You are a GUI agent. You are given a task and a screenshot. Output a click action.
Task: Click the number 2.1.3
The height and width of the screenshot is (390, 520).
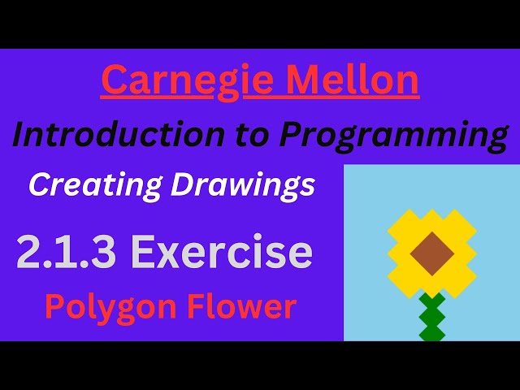coord(67,253)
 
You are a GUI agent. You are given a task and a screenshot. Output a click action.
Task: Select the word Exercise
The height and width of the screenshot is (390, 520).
coord(222,253)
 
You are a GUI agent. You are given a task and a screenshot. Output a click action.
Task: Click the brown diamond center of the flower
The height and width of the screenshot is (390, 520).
coord(431,253)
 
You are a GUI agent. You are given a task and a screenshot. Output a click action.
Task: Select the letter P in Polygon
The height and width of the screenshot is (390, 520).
coord(54,306)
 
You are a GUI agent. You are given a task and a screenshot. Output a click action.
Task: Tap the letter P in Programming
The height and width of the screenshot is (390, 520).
coord(294,135)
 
